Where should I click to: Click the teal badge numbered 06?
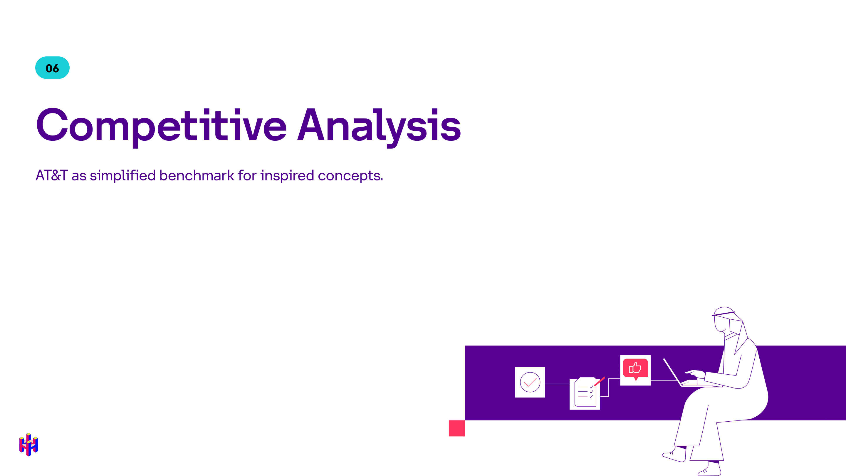tap(52, 68)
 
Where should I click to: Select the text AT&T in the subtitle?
tap(52, 175)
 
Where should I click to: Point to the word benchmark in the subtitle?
tap(197, 175)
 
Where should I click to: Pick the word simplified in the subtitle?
tap(122, 176)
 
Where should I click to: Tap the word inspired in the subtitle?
tap(287, 176)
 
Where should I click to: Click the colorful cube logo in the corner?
tap(28, 445)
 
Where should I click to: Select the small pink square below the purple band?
tap(456, 428)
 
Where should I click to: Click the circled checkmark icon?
tap(530, 382)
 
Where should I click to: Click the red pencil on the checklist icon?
tap(599, 381)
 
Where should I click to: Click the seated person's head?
tap(724, 320)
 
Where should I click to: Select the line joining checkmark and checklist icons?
tap(557, 384)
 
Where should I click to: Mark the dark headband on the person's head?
tap(723, 314)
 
